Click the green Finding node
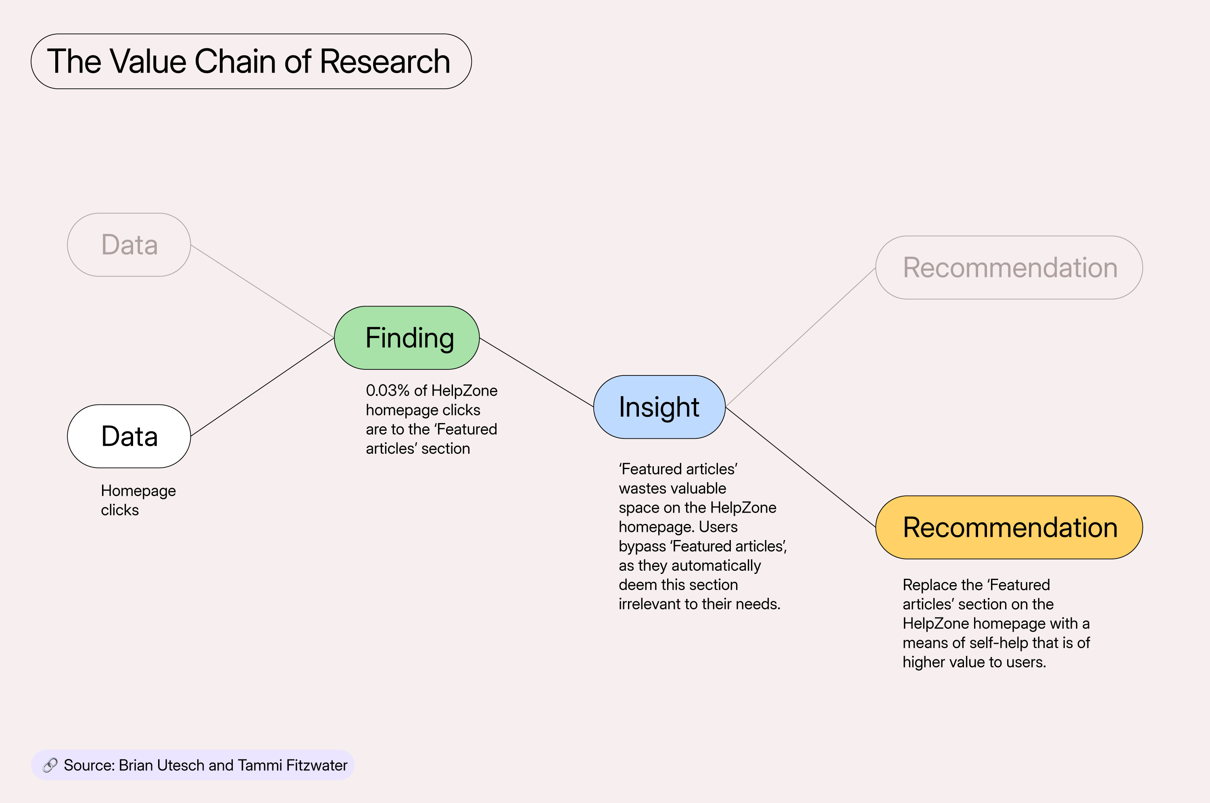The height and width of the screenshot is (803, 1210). pos(407,338)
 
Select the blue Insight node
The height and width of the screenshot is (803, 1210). pos(659,407)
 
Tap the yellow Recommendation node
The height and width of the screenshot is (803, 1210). pos(1009,528)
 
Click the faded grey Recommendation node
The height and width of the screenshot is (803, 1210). pos(1009,267)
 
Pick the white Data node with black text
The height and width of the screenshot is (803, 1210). pos(129,436)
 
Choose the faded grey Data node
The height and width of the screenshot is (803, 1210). pos(129,245)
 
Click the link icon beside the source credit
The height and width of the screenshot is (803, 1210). pos(50,765)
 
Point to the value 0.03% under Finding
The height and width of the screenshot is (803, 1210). pos(388,391)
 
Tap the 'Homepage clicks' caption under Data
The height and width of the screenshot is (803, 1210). pos(138,501)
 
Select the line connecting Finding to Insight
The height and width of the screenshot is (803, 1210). pos(536,372)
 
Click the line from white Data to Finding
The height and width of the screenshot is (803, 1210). pos(262,387)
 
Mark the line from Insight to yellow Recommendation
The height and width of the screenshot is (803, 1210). pos(800,467)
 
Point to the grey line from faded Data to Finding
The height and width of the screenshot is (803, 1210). pos(262,291)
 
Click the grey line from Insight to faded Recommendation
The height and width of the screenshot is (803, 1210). pos(800,337)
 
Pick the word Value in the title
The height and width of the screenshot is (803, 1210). pos(148,61)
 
